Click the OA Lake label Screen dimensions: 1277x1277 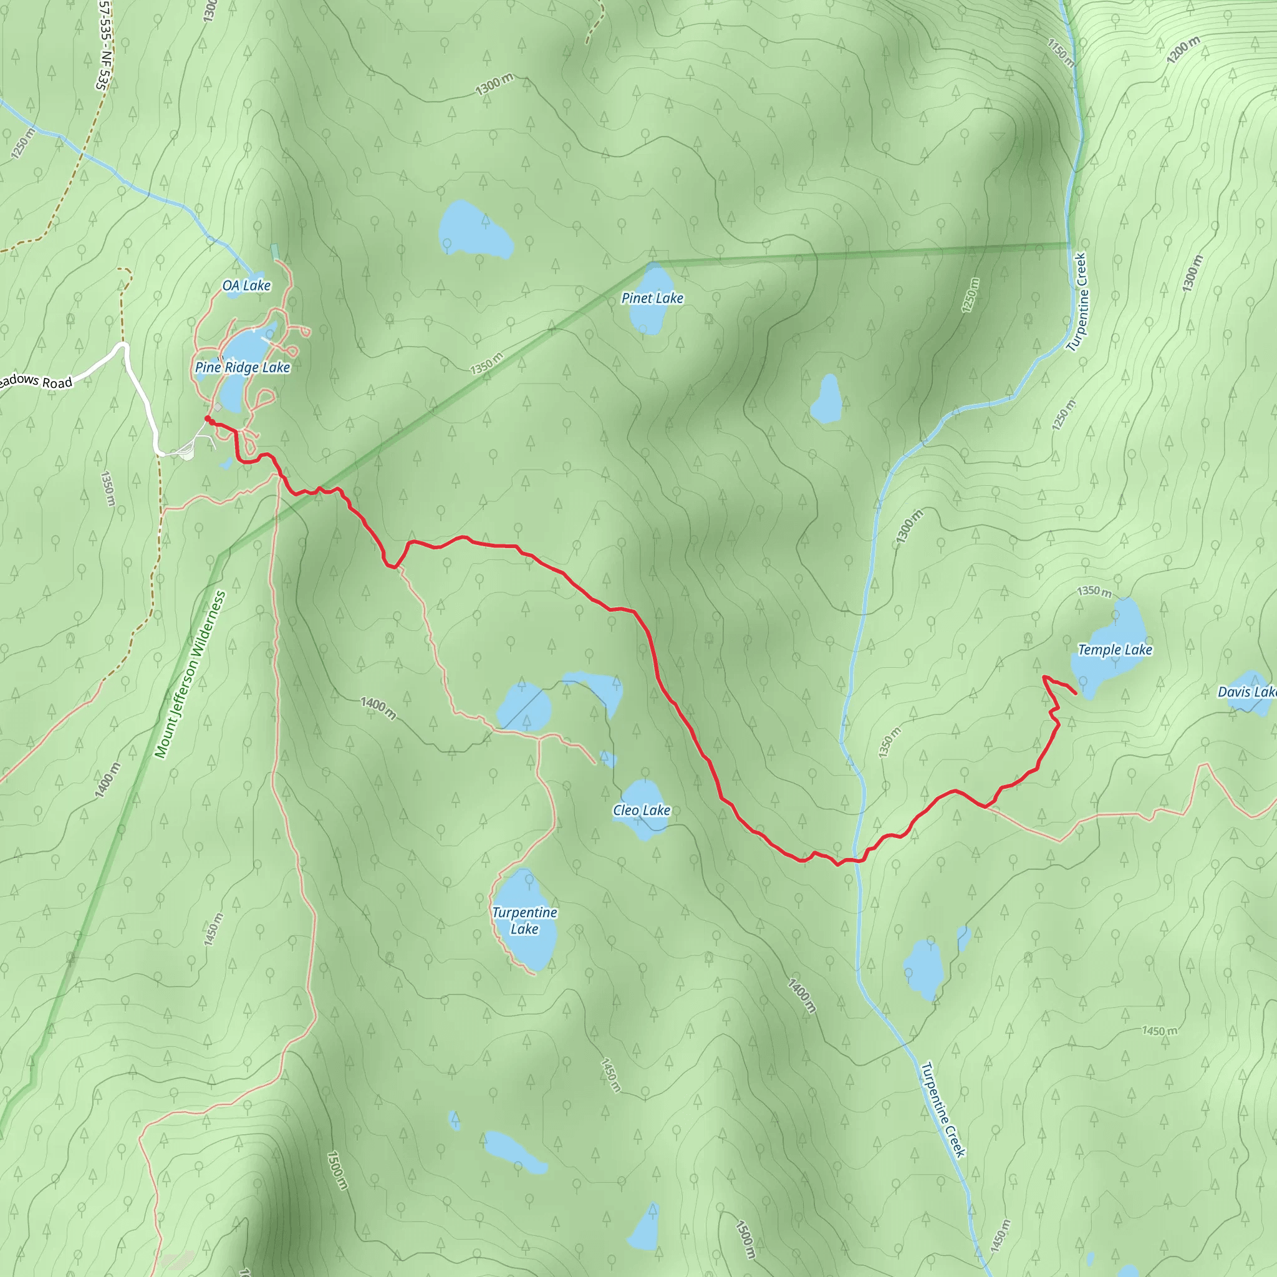coord(246,286)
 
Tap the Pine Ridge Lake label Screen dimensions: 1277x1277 coord(243,367)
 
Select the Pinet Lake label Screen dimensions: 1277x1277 coord(652,298)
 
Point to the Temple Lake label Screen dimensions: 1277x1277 coord(1115,650)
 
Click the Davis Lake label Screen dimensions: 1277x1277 coord(1246,692)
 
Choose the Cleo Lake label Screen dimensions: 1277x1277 coord(641,811)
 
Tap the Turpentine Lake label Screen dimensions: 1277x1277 coord(524,920)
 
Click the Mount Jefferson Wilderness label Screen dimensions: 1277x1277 coord(190,674)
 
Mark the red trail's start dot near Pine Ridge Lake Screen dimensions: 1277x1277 coord(208,418)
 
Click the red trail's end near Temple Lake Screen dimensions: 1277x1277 coord(1076,693)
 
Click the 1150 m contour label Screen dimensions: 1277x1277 coord(1061,52)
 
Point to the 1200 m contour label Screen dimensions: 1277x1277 coord(1182,51)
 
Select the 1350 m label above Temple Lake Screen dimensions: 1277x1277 coord(1094,590)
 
